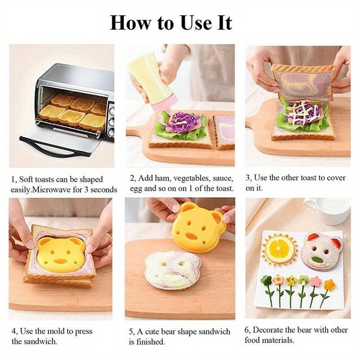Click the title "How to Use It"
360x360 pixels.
(171, 22)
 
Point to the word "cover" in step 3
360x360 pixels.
(335, 178)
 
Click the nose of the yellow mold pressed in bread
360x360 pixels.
(60, 260)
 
